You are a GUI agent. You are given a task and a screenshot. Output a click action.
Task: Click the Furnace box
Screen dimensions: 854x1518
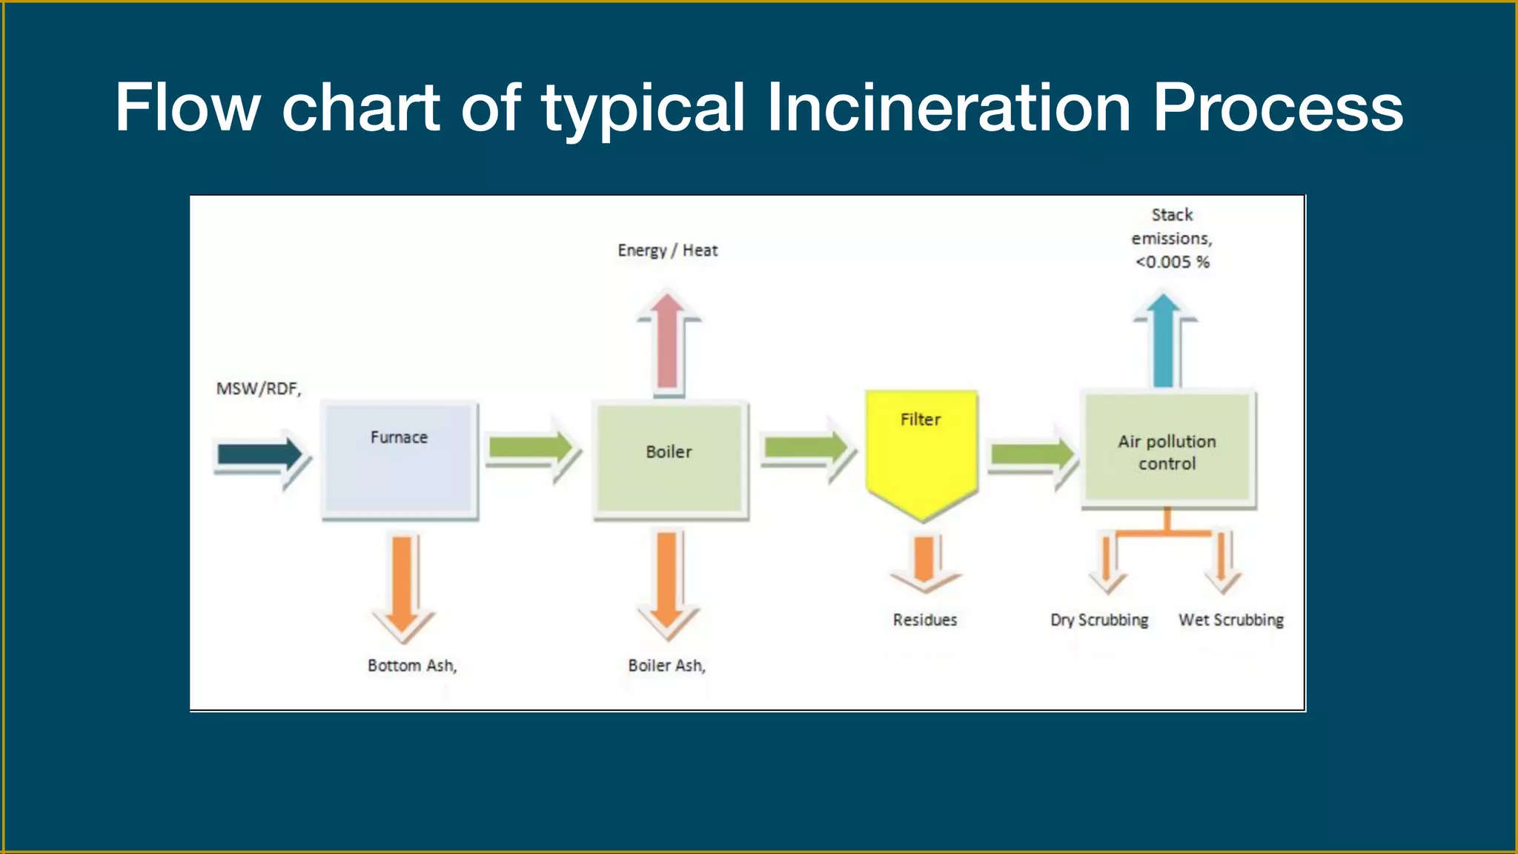400,460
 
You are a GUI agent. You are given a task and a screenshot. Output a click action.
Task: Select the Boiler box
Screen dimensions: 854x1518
669,460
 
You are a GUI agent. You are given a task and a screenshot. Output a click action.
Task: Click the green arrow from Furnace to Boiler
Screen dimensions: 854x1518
531,448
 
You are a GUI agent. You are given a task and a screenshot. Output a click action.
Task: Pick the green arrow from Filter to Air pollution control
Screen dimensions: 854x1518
1032,454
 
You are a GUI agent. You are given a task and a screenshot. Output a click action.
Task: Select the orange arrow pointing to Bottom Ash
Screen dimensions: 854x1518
402,586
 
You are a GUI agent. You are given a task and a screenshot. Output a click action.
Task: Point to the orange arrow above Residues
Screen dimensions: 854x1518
924,563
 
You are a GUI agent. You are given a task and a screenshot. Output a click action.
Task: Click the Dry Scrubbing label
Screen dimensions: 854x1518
1099,620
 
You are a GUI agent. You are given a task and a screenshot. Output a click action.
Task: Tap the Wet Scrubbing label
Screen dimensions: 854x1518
1231,620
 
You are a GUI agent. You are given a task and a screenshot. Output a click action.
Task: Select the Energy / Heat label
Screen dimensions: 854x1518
668,251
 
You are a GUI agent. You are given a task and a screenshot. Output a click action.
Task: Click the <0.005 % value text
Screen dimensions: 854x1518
1172,262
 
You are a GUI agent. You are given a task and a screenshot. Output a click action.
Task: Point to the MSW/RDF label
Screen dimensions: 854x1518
259,388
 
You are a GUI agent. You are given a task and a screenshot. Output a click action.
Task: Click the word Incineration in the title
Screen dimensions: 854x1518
948,108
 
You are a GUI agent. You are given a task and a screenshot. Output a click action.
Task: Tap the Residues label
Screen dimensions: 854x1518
924,620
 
